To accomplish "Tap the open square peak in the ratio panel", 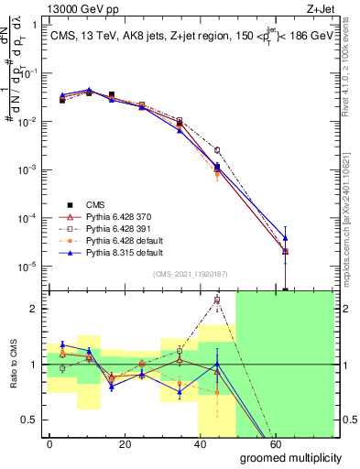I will pyautogui.click(x=217, y=300).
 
